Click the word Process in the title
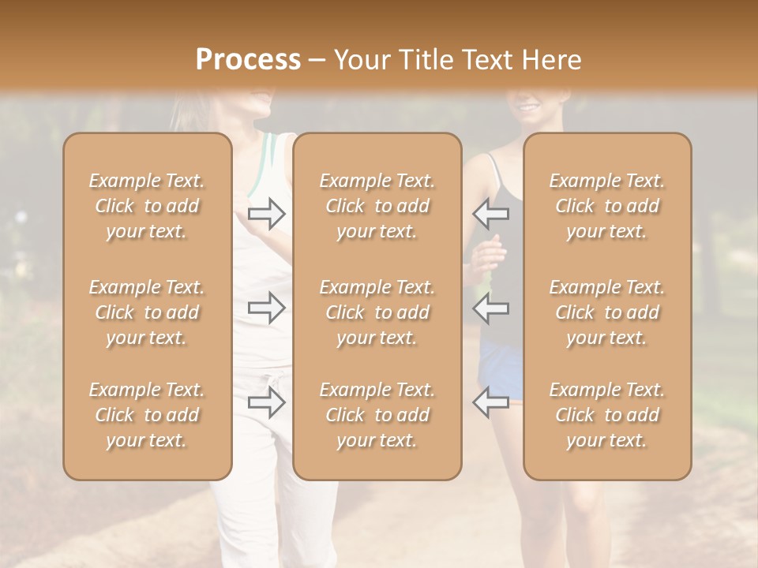click(248, 60)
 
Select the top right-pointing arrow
click(267, 214)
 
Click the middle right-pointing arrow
click(267, 308)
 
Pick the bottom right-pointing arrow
click(267, 402)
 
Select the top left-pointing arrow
click(490, 214)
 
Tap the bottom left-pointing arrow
click(490, 402)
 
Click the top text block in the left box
click(147, 206)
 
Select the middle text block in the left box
click(147, 312)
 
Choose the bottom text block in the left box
click(147, 415)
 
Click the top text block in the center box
click(377, 206)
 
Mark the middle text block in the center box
click(377, 312)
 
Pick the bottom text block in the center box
click(377, 415)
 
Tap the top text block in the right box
click(607, 206)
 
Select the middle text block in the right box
click(607, 312)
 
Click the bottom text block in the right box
click(607, 415)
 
